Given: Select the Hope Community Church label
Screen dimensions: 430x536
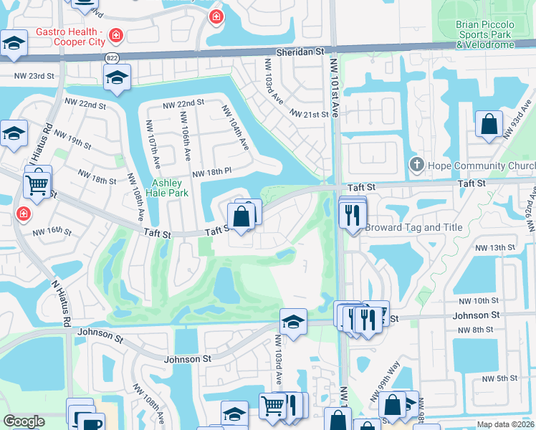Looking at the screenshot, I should coord(477,166).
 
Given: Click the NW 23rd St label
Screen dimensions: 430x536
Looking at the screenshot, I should coord(34,75).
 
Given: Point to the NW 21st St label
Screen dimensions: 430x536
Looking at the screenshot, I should coord(310,114).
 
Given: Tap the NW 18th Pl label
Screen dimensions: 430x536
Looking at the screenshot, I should coord(211,173).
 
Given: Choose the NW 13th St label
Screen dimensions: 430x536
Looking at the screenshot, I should coord(497,247).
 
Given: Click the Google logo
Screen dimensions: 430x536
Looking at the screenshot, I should coord(24,421).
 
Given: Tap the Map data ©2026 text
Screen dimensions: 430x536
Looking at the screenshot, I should coord(505,424).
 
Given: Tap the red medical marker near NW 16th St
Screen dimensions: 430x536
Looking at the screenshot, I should coord(23,214).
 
